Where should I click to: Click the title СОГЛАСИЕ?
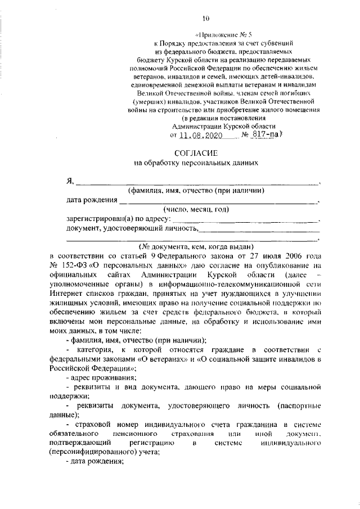(195, 152)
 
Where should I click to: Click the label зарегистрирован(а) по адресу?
(118, 219)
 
